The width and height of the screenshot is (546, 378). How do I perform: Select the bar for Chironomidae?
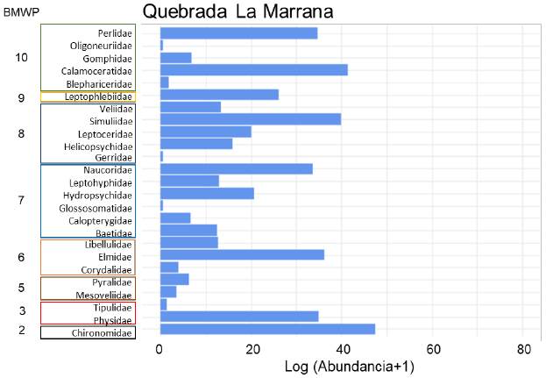[267, 329]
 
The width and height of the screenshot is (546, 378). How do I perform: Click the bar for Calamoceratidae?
[253, 70]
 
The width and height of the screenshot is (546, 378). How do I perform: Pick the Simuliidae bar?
[250, 119]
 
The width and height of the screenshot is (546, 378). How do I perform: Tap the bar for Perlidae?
[238, 33]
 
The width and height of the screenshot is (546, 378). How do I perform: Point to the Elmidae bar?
[242, 254]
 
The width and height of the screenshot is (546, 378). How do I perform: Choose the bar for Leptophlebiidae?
[219, 95]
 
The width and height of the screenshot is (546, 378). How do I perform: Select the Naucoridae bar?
[236, 168]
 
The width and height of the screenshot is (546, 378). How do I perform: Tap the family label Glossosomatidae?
[96, 208]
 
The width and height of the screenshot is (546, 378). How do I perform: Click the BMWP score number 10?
[22, 57]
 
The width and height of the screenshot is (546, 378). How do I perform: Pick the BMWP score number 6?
[21, 257]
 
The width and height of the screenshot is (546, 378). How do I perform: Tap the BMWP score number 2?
[21, 330]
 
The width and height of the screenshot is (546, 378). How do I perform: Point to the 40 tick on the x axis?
[341, 350]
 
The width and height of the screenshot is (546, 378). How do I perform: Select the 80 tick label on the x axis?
[522, 350]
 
